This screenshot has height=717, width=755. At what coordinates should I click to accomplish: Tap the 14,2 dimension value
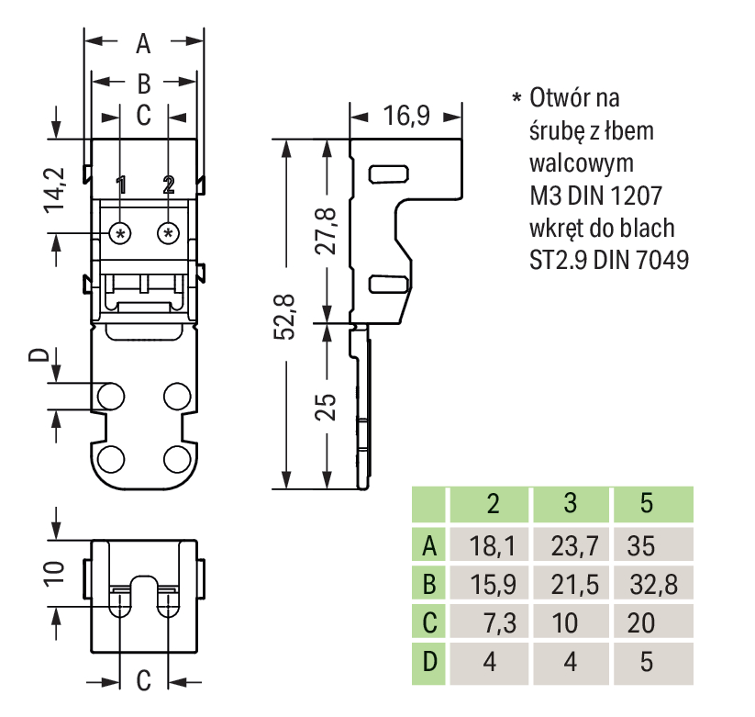point(58,189)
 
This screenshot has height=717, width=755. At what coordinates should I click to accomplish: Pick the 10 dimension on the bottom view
point(57,574)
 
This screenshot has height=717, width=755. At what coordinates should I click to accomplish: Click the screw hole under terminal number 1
point(120,233)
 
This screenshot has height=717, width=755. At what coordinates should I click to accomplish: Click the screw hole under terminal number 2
point(168,233)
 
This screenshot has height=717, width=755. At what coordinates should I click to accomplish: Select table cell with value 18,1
point(492,548)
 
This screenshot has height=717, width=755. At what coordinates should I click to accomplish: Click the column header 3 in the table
point(570,503)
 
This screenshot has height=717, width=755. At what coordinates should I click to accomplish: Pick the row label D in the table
point(427,661)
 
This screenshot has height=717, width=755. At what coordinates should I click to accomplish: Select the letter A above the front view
point(143,42)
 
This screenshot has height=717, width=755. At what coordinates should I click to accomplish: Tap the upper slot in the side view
point(384,174)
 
